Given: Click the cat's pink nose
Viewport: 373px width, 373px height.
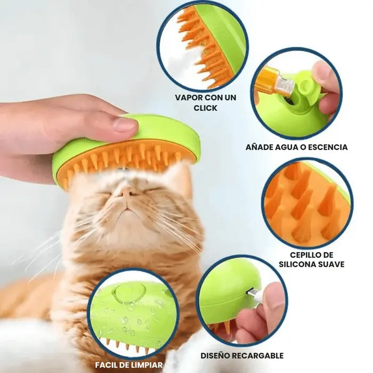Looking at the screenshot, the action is pos(126,191).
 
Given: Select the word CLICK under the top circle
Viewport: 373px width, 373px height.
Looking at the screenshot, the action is pos(205,108).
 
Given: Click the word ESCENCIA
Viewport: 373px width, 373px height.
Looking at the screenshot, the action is pos(328,147).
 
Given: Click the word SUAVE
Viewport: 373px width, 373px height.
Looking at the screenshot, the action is pos(332,264).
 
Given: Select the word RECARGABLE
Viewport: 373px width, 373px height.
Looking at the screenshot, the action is pos(257,356).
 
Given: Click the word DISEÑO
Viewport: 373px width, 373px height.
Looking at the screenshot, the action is pos(215,356).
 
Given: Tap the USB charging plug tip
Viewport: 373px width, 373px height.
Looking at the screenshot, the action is pos(250,292).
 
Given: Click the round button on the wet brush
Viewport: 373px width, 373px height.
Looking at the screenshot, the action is pos(129,294).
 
